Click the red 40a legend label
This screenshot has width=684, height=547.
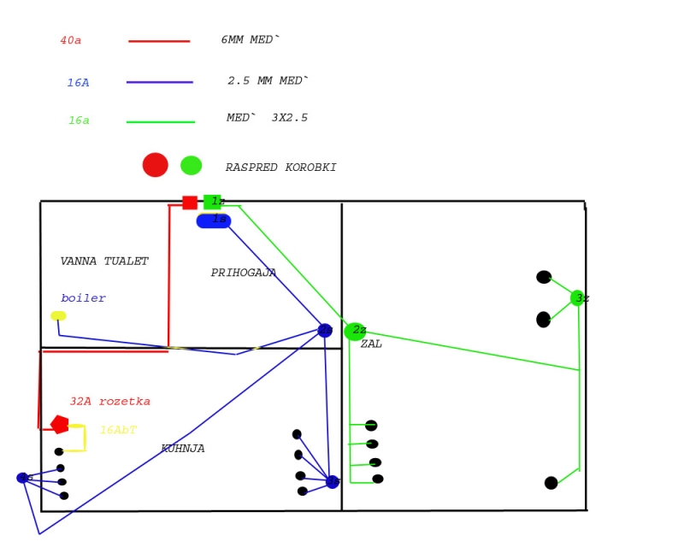pos(71,41)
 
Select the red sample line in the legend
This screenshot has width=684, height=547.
pos(159,41)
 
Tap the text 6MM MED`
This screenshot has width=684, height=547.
pos(251,40)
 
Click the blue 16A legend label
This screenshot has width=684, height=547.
pos(78,83)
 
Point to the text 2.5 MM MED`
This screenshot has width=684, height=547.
pos(268,81)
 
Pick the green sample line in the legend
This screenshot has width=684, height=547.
pos(161,122)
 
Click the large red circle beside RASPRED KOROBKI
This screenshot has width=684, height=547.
pos(155,165)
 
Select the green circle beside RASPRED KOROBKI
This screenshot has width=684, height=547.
pos(192,165)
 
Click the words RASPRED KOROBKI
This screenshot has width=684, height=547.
pos(280,168)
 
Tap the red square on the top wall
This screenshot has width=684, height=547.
pos(190,203)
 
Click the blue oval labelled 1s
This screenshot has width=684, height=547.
pos(214,221)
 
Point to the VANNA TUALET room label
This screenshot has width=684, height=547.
pos(104,262)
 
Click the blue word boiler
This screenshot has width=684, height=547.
pos(83,298)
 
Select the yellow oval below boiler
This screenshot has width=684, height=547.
pos(58,316)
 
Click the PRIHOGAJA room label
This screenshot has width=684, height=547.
pos(244,273)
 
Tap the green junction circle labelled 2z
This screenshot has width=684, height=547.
pos(354,332)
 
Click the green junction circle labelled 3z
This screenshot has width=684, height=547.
pos(578,297)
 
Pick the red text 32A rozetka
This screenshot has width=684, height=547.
pos(110,402)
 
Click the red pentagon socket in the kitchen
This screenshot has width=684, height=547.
pos(60,424)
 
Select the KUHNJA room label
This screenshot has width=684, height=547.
pos(183,449)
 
